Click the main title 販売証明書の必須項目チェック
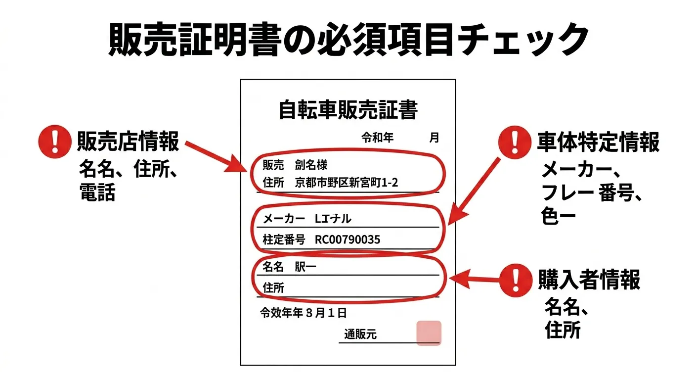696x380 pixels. click(348, 40)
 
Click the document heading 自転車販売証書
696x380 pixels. click(348, 110)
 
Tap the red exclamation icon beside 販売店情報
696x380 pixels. click(54, 141)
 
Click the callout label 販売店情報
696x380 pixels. click(128, 142)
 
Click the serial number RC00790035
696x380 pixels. click(348, 240)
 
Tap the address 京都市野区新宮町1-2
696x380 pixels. click(346, 183)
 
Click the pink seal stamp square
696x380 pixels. click(429, 332)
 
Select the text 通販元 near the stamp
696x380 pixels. click(360, 335)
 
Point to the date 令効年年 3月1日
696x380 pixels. click(303, 313)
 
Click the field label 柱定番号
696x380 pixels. click(284, 240)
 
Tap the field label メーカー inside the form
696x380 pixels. click(284, 219)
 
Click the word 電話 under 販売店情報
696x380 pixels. click(97, 192)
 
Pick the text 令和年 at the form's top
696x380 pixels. click(377, 138)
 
